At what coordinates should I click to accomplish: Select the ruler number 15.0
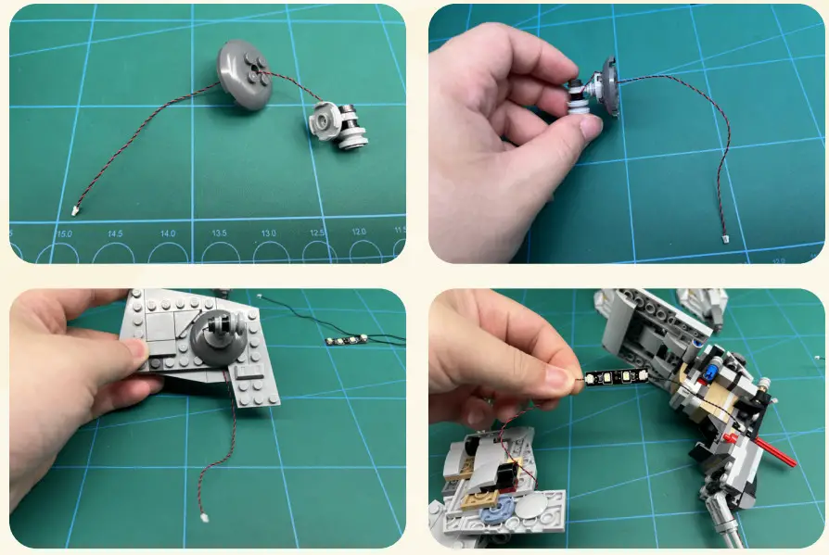(x=64, y=234)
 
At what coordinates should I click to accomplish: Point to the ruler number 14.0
(x=168, y=234)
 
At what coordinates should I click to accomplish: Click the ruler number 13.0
(x=269, y=233)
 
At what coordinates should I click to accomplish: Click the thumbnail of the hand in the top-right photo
(x=586, y=129)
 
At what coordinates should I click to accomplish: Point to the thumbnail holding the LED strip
(x=560, y=378)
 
